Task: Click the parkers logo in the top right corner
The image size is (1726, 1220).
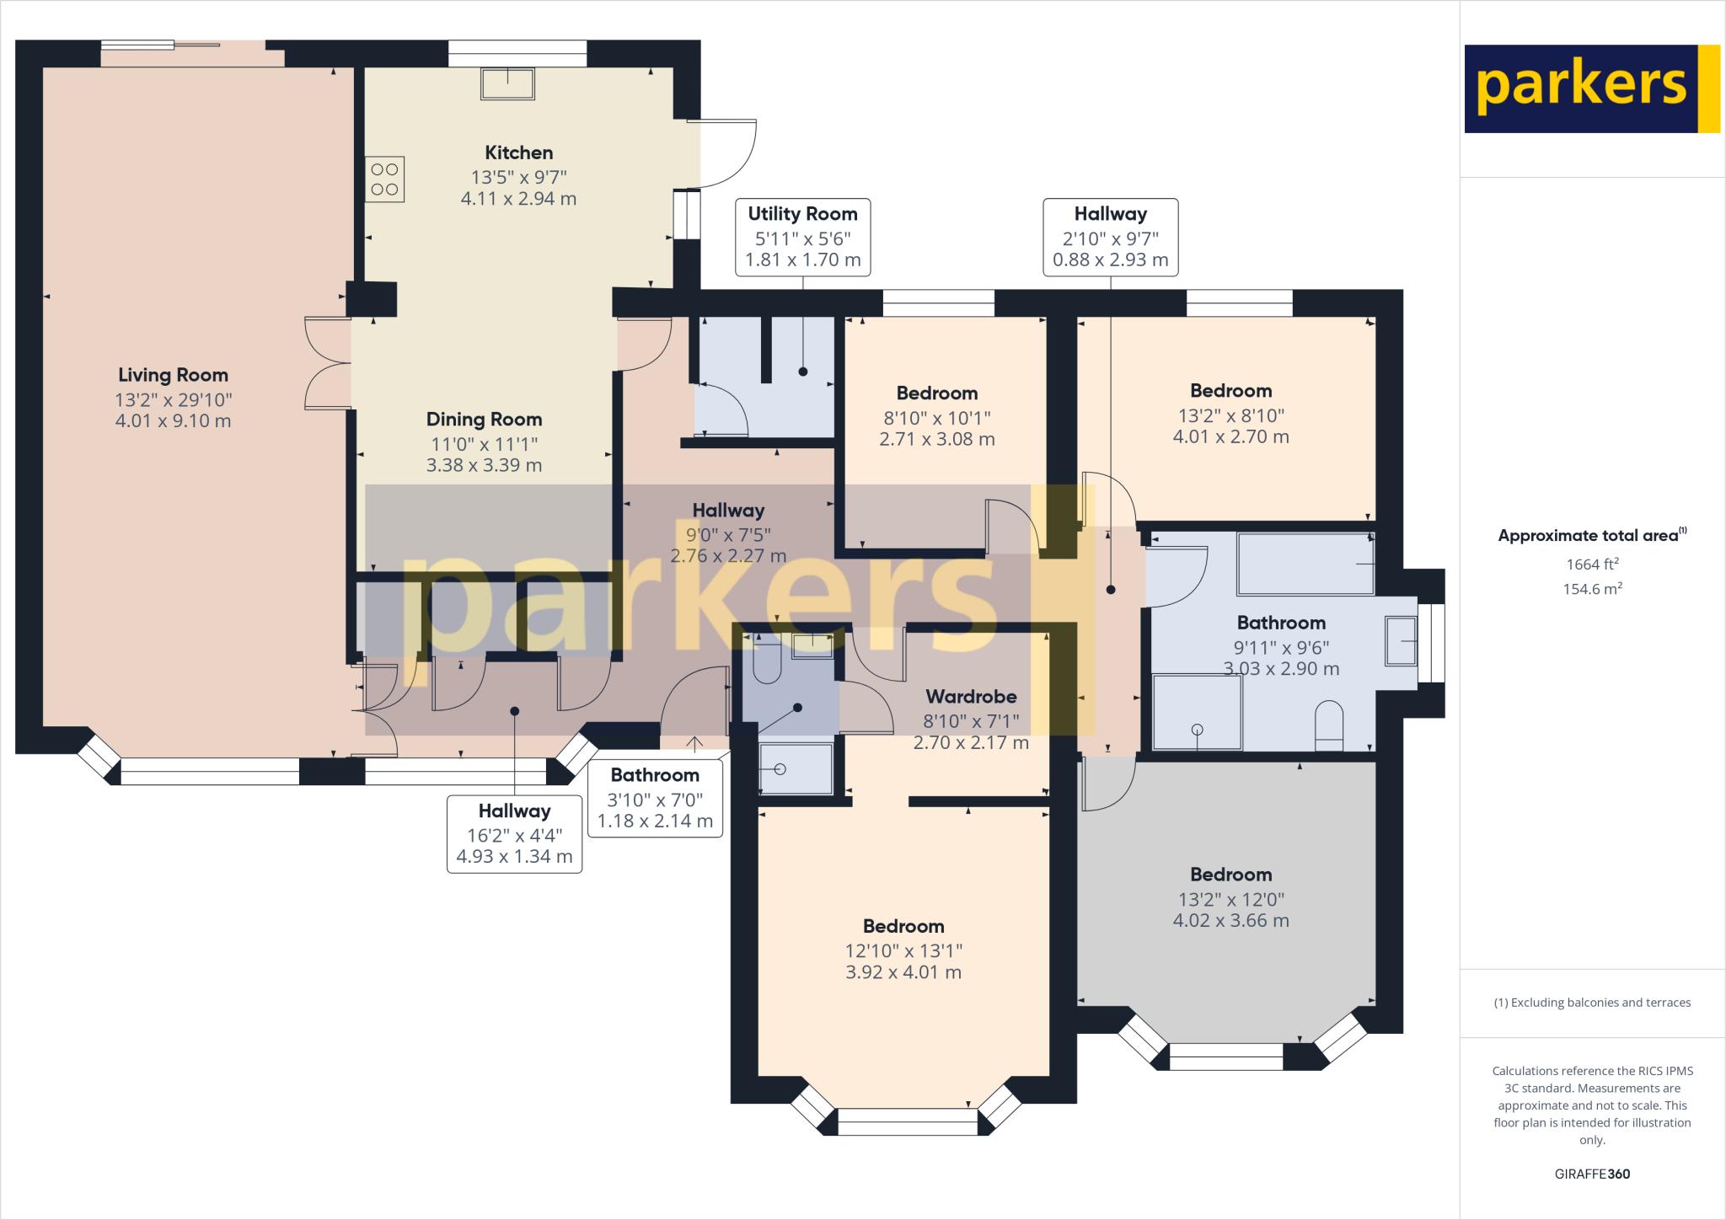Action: pyautogui.click(x=1590, y=88)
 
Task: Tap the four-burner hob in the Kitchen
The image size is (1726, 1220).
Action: pyautogui.click(x=384, y=179)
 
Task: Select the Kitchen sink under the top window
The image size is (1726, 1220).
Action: pyautogui.click(x=507, y=83)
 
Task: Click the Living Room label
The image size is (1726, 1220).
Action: pyautogui.click(x=173, y=375)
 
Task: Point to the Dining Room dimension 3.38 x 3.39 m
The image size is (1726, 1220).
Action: pyautogui.click(x=484, y=465)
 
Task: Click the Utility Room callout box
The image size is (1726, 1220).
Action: pyautogui.click(x=802, y=237)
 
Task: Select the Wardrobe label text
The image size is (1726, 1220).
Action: pyautogui.click(x=971, y=697)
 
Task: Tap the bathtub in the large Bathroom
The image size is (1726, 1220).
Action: pyautogui.click(x=1305, y=564)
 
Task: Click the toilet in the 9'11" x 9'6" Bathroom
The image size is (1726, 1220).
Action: pyautogui.click(x=1329, y=725)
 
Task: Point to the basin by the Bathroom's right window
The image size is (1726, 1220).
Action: pyautogui.click(x=1401, y=641)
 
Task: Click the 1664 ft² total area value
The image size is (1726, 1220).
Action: pyautogui.click(x=1592, y=565)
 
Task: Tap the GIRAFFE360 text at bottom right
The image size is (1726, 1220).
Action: pyautogui.click(x=1592, y=1174)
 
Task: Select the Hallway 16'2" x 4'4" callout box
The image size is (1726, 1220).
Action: pyautogui.click(x=514, y=834)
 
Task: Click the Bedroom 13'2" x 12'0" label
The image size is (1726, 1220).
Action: pyautogui.click(x=1230, y=875)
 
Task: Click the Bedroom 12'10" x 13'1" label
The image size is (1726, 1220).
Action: pyautogui.click(x=903, y=927)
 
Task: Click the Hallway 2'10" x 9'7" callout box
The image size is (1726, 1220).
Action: pyautogui.click(x=1110, y=237)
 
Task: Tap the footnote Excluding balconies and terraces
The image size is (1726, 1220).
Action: pyautogui.click(x=1592, y=1003)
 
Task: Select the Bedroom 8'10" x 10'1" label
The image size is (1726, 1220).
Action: pyautogui.click(x=937, y=393)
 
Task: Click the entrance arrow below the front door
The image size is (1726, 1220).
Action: pyautogui.click(x=694, y=744)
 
